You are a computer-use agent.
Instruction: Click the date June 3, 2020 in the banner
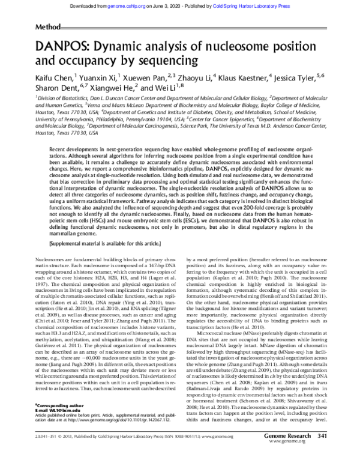[190, 5]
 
